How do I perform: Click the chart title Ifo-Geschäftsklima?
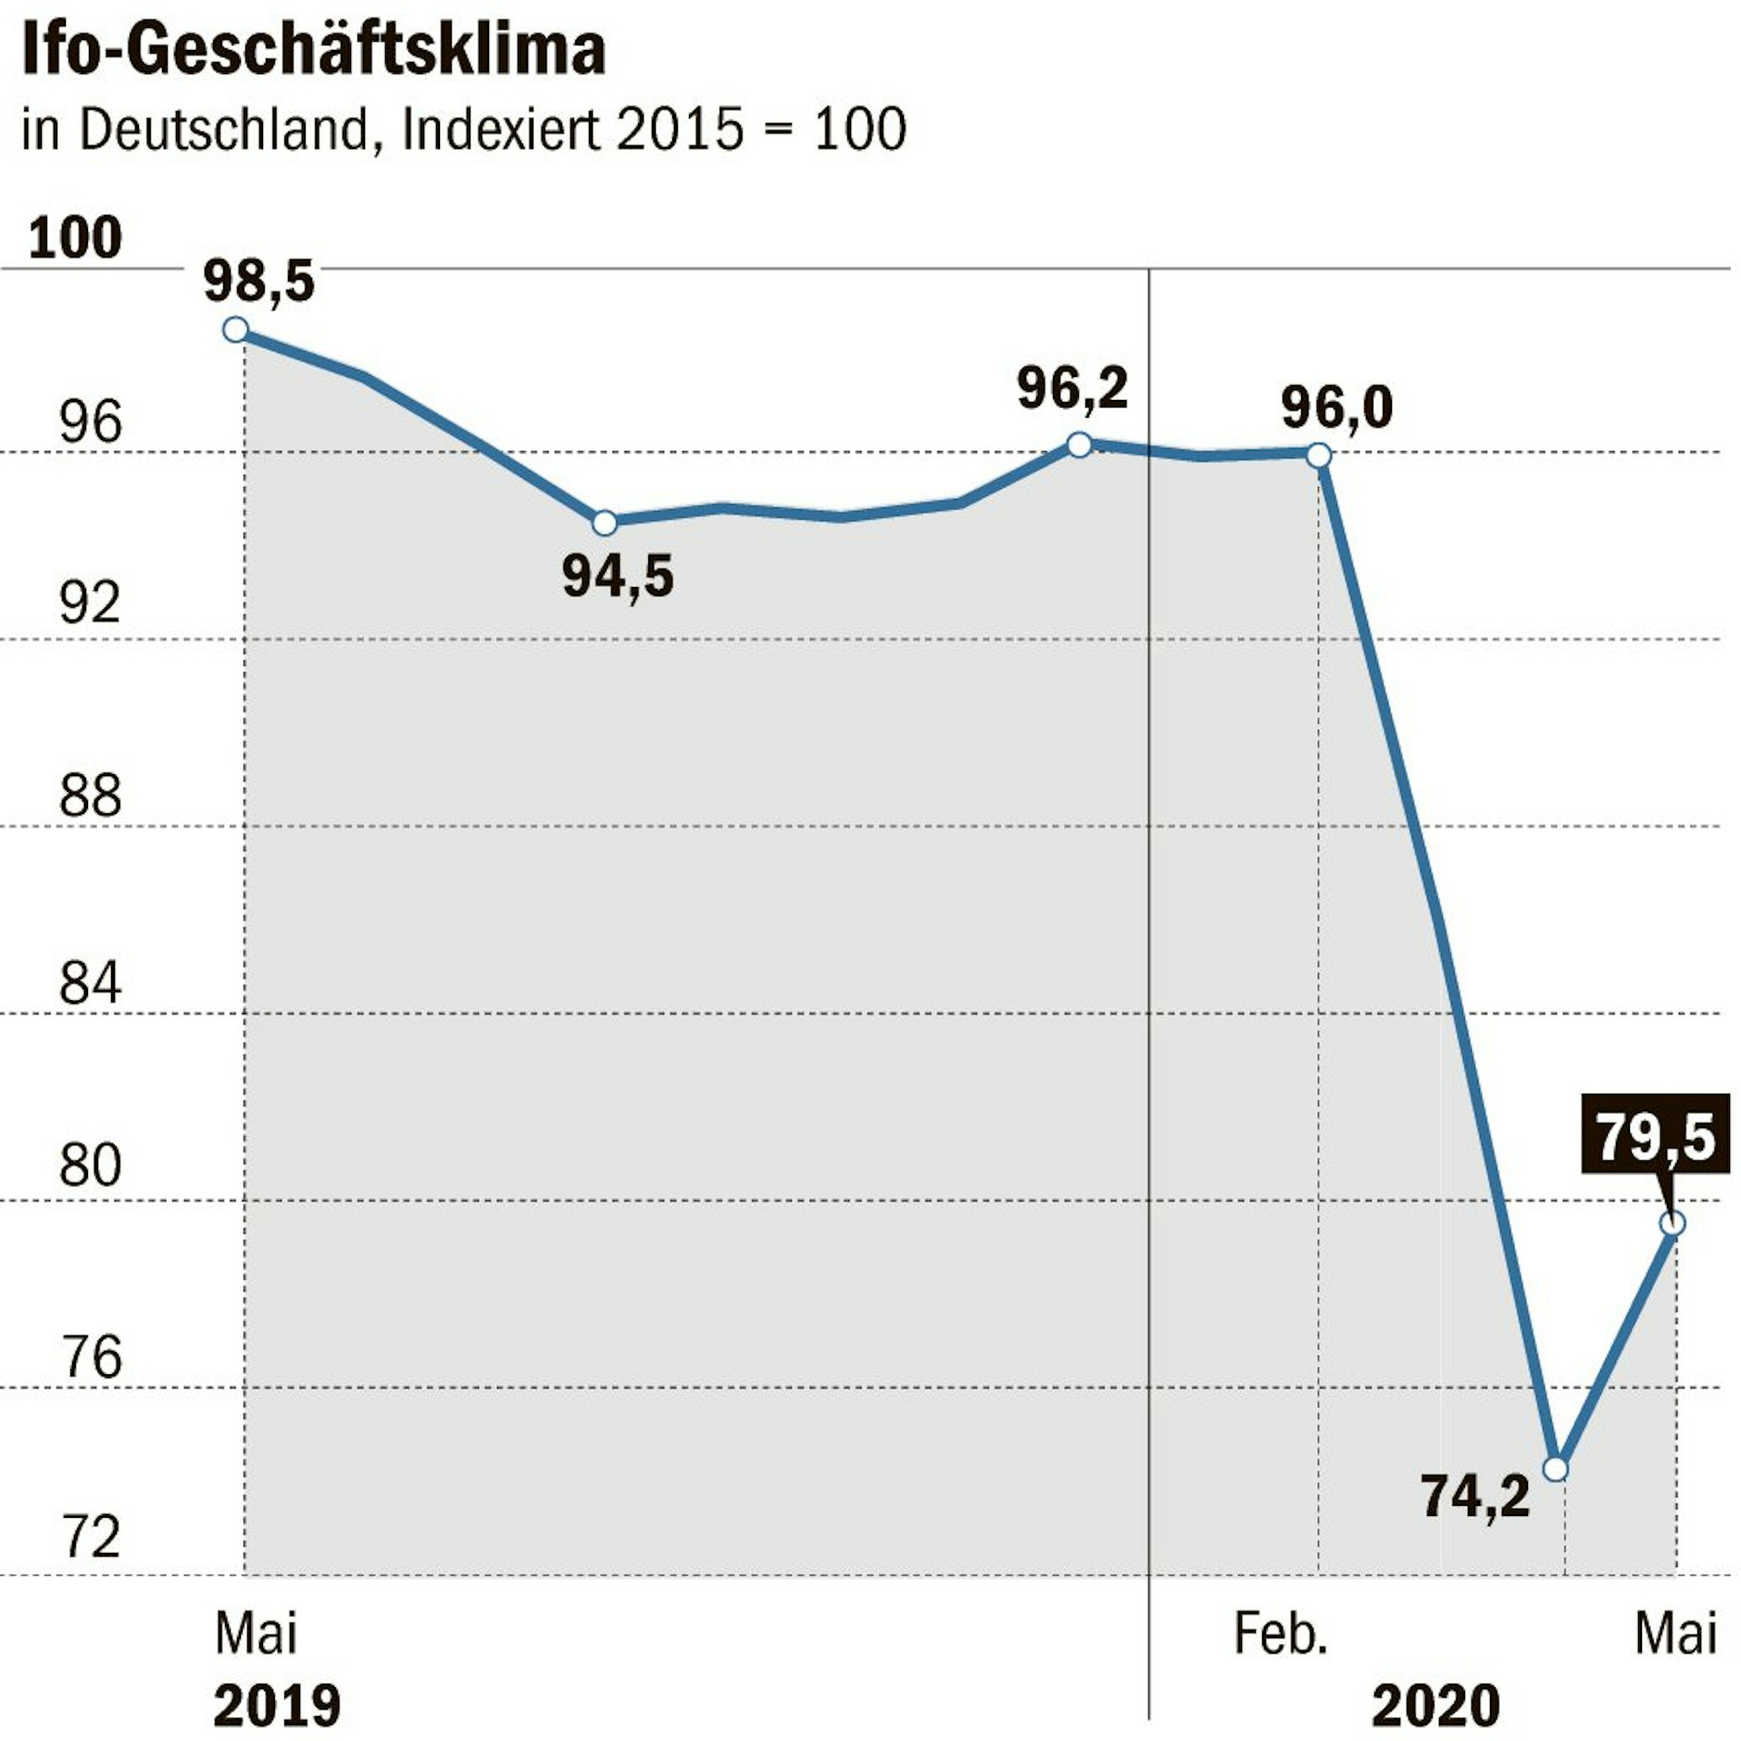tap(313, 51)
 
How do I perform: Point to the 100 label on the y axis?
tap(75, 238)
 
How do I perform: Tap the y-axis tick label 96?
tap(90, 422)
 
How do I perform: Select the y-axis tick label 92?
tap(90, 604)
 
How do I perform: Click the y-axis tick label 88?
tap(90, 795)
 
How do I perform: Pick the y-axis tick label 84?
tap(90, 983)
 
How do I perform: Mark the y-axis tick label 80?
tap(90, 1167)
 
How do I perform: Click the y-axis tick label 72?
tap(90, 1537)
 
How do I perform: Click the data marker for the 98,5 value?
tap(236, 330)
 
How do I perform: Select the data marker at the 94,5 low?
tap(604, 523)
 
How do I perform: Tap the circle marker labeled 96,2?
tap(1079, 445)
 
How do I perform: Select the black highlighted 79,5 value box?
tap(1655, 1134)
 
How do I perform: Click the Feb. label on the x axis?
tap(1281, 1635)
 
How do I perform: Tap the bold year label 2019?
tap(277, 1706)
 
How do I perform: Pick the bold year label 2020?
tap(1435, 1706)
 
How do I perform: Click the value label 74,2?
tap(1475, 1496)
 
